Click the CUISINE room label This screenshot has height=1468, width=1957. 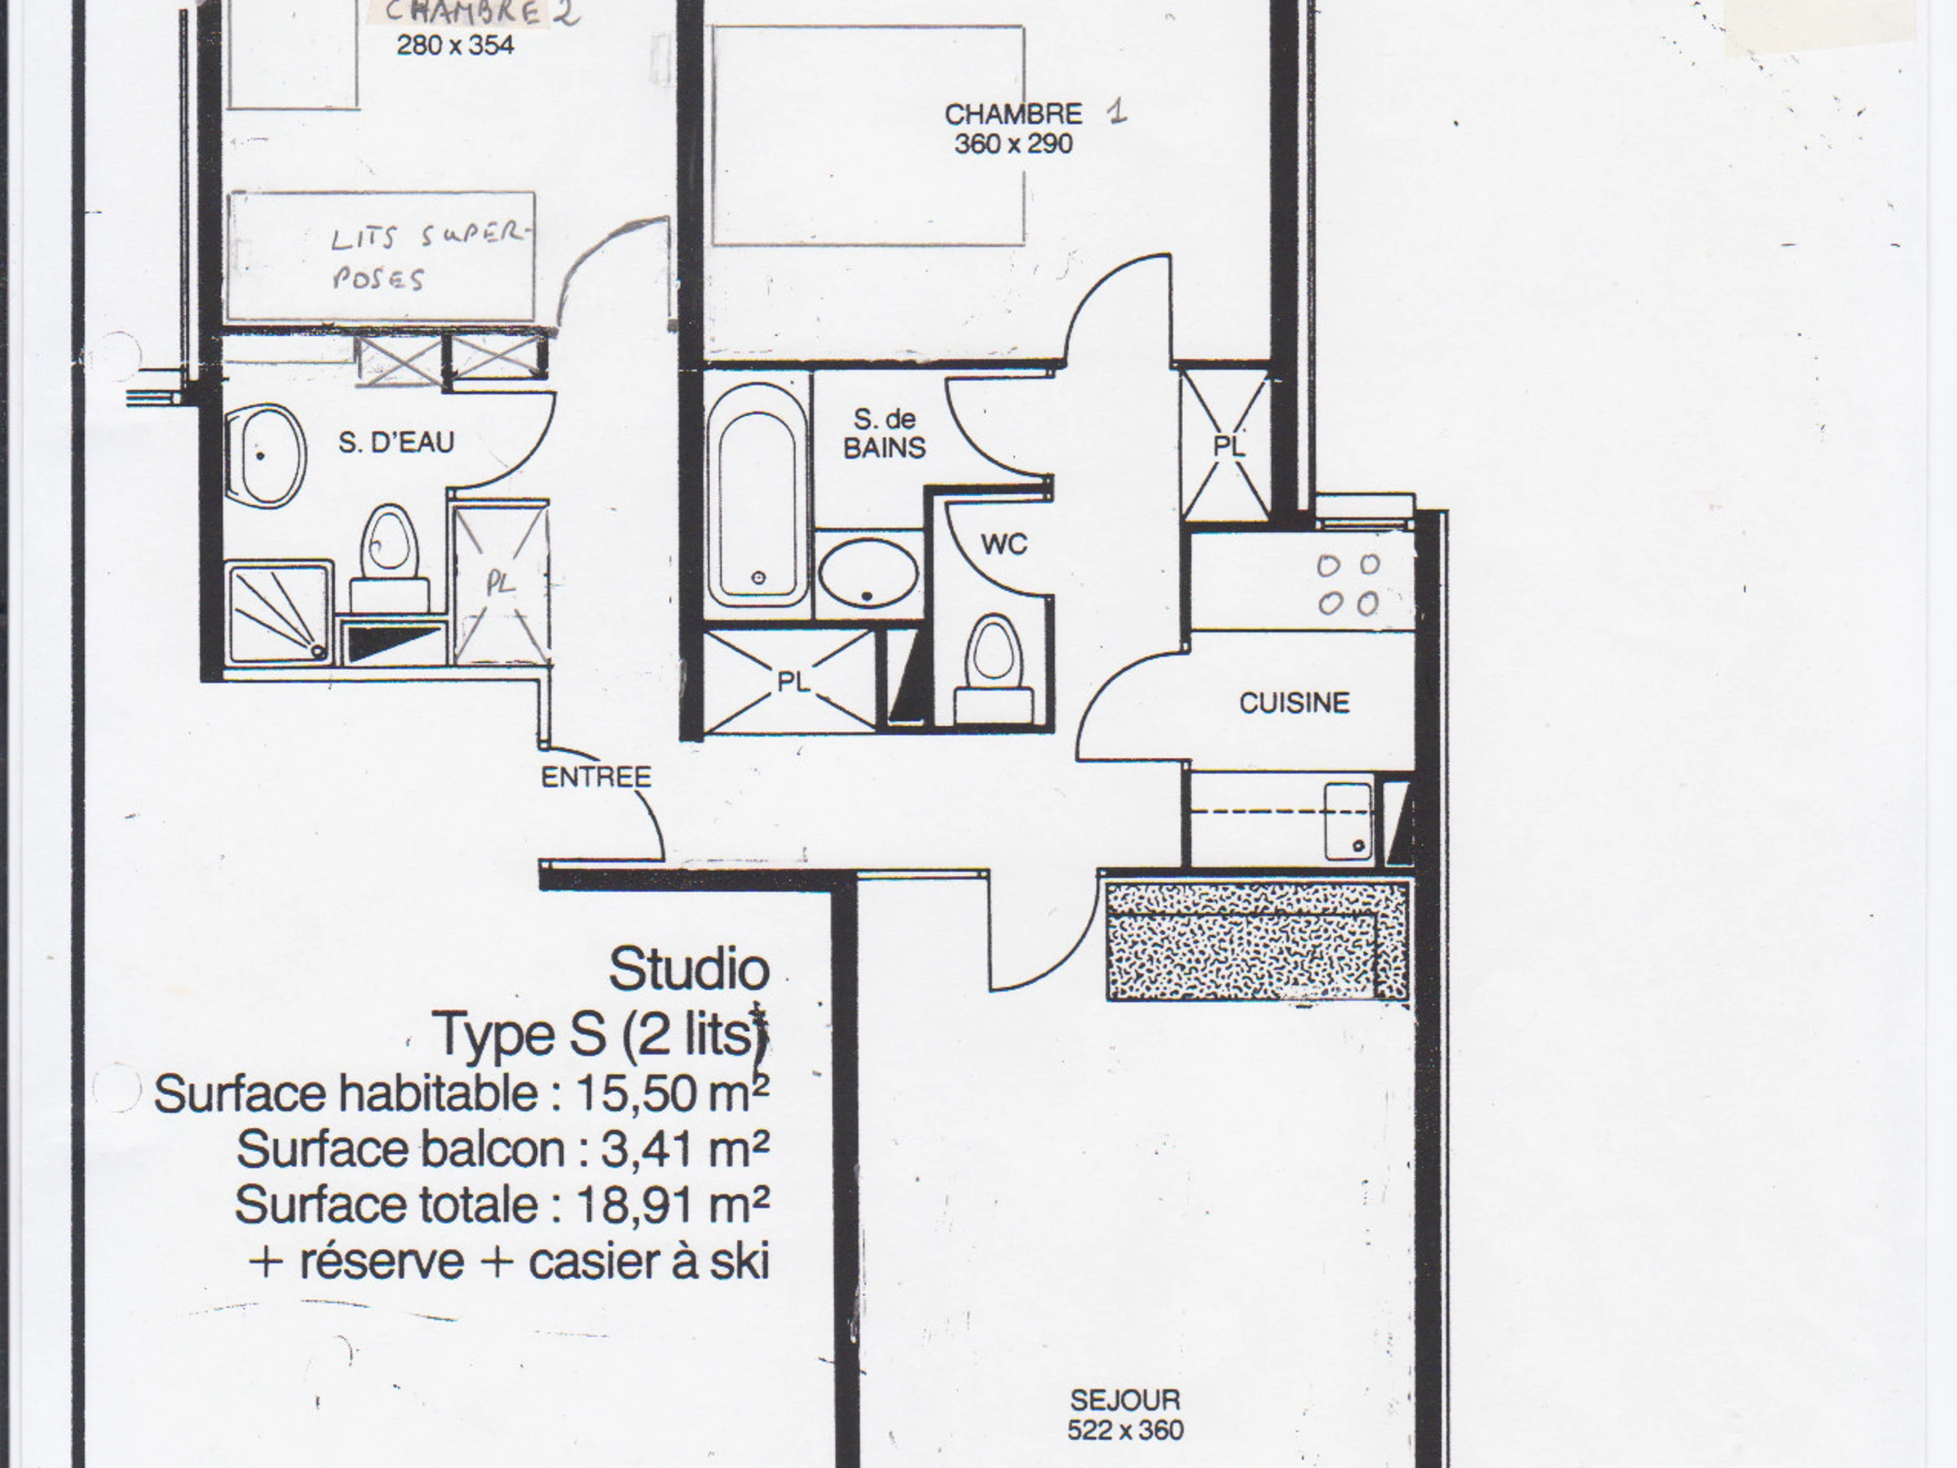pos(1294,704)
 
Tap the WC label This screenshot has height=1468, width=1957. pos(1004,544)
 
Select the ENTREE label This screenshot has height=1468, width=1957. pos(596,777)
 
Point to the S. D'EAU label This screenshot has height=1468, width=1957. pos(396,441)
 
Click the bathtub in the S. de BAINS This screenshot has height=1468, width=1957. pos(758,493)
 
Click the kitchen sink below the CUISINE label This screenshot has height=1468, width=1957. pos(1347,821)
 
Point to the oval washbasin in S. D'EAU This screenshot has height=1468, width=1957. pos(265,456)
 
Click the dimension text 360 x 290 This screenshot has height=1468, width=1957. pos(1013,144)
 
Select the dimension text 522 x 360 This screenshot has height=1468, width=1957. pos(1125,1430)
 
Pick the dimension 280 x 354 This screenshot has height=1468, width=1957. pos(455,45)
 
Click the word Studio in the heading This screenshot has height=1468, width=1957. pos(689,969)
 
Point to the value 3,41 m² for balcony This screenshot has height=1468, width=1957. pos(685,1149)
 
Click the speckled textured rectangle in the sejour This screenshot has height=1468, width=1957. pos(1257,940)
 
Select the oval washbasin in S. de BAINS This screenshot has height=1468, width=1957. pos(868,573)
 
